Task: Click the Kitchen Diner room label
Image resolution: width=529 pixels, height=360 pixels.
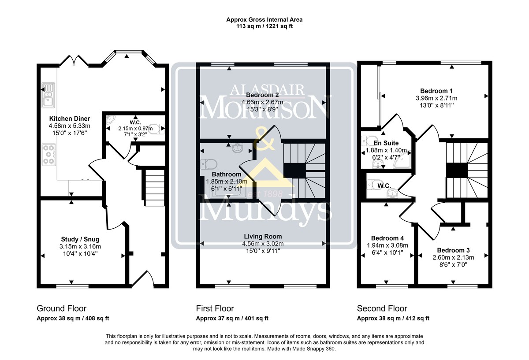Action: pos(70,119)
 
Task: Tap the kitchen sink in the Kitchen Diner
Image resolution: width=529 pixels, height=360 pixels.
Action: pos(48,95)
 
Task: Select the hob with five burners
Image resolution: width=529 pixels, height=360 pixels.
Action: pos(49,155)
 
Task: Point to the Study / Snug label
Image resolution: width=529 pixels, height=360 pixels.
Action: pos(80,239)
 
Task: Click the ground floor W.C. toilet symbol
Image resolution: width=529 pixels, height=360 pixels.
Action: pos(158,129)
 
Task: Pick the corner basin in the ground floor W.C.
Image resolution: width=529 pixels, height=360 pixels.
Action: pos(110,120)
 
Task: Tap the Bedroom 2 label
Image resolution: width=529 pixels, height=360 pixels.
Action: pos(262,95)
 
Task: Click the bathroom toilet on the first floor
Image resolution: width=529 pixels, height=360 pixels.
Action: pos(209,164)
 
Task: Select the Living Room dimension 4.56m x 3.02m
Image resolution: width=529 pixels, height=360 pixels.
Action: pos(263,243)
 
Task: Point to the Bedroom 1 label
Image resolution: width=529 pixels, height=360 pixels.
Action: pos(436,91)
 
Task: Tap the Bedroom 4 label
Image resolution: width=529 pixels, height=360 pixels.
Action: pos(387,238)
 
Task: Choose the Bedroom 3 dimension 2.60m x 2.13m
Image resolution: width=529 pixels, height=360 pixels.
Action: pos(453,257)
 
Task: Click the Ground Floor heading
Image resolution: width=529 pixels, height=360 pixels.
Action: pos(62,308)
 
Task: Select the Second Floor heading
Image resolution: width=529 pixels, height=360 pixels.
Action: pos(382,308)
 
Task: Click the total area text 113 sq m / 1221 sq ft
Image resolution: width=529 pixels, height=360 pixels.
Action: pos(264,26)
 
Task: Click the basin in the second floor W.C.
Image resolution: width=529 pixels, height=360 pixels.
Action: pos(392,193)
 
